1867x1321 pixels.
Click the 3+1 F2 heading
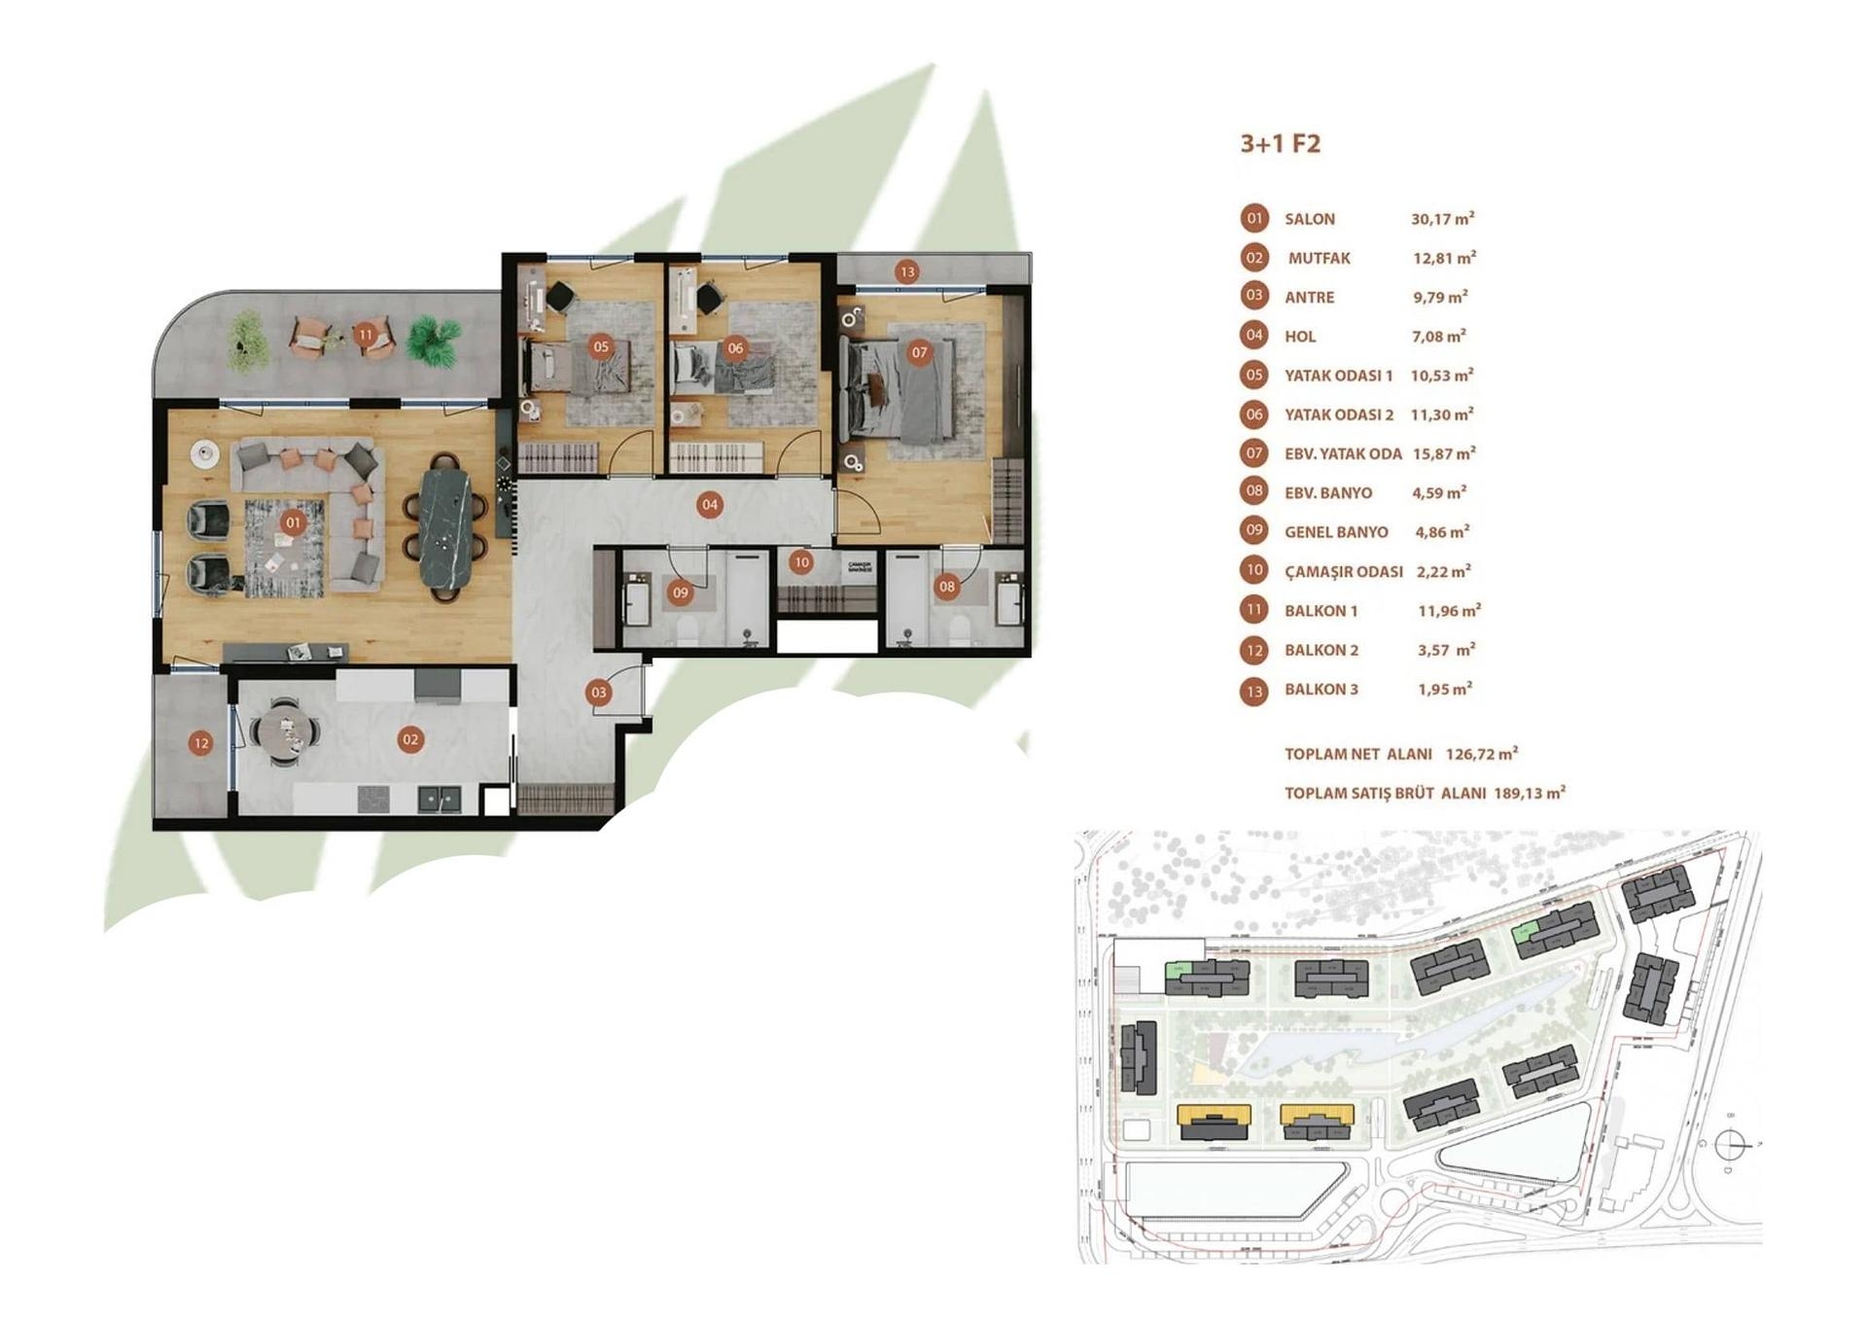(x=1280, y=144)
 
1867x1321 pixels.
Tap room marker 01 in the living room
(x=293, y=522)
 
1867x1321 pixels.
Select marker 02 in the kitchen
(x=410, y=739)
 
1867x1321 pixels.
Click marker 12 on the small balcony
(x=201, y=743)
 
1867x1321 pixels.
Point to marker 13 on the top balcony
(x=907, y=272)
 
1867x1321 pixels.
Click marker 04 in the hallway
(x=710, y=504)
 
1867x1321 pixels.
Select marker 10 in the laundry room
(x=801, y=562)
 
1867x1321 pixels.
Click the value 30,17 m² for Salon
(x=1442, y=220)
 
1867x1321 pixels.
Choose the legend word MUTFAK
(x=1319, y=259)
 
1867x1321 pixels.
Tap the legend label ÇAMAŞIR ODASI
(x=1343, y=572)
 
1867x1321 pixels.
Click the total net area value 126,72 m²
(x=1481, y=754)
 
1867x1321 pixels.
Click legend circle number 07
(x=1254, y=453)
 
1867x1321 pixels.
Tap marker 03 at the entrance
(x=598, y=693)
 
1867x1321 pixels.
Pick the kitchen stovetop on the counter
(x=374, y=799)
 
